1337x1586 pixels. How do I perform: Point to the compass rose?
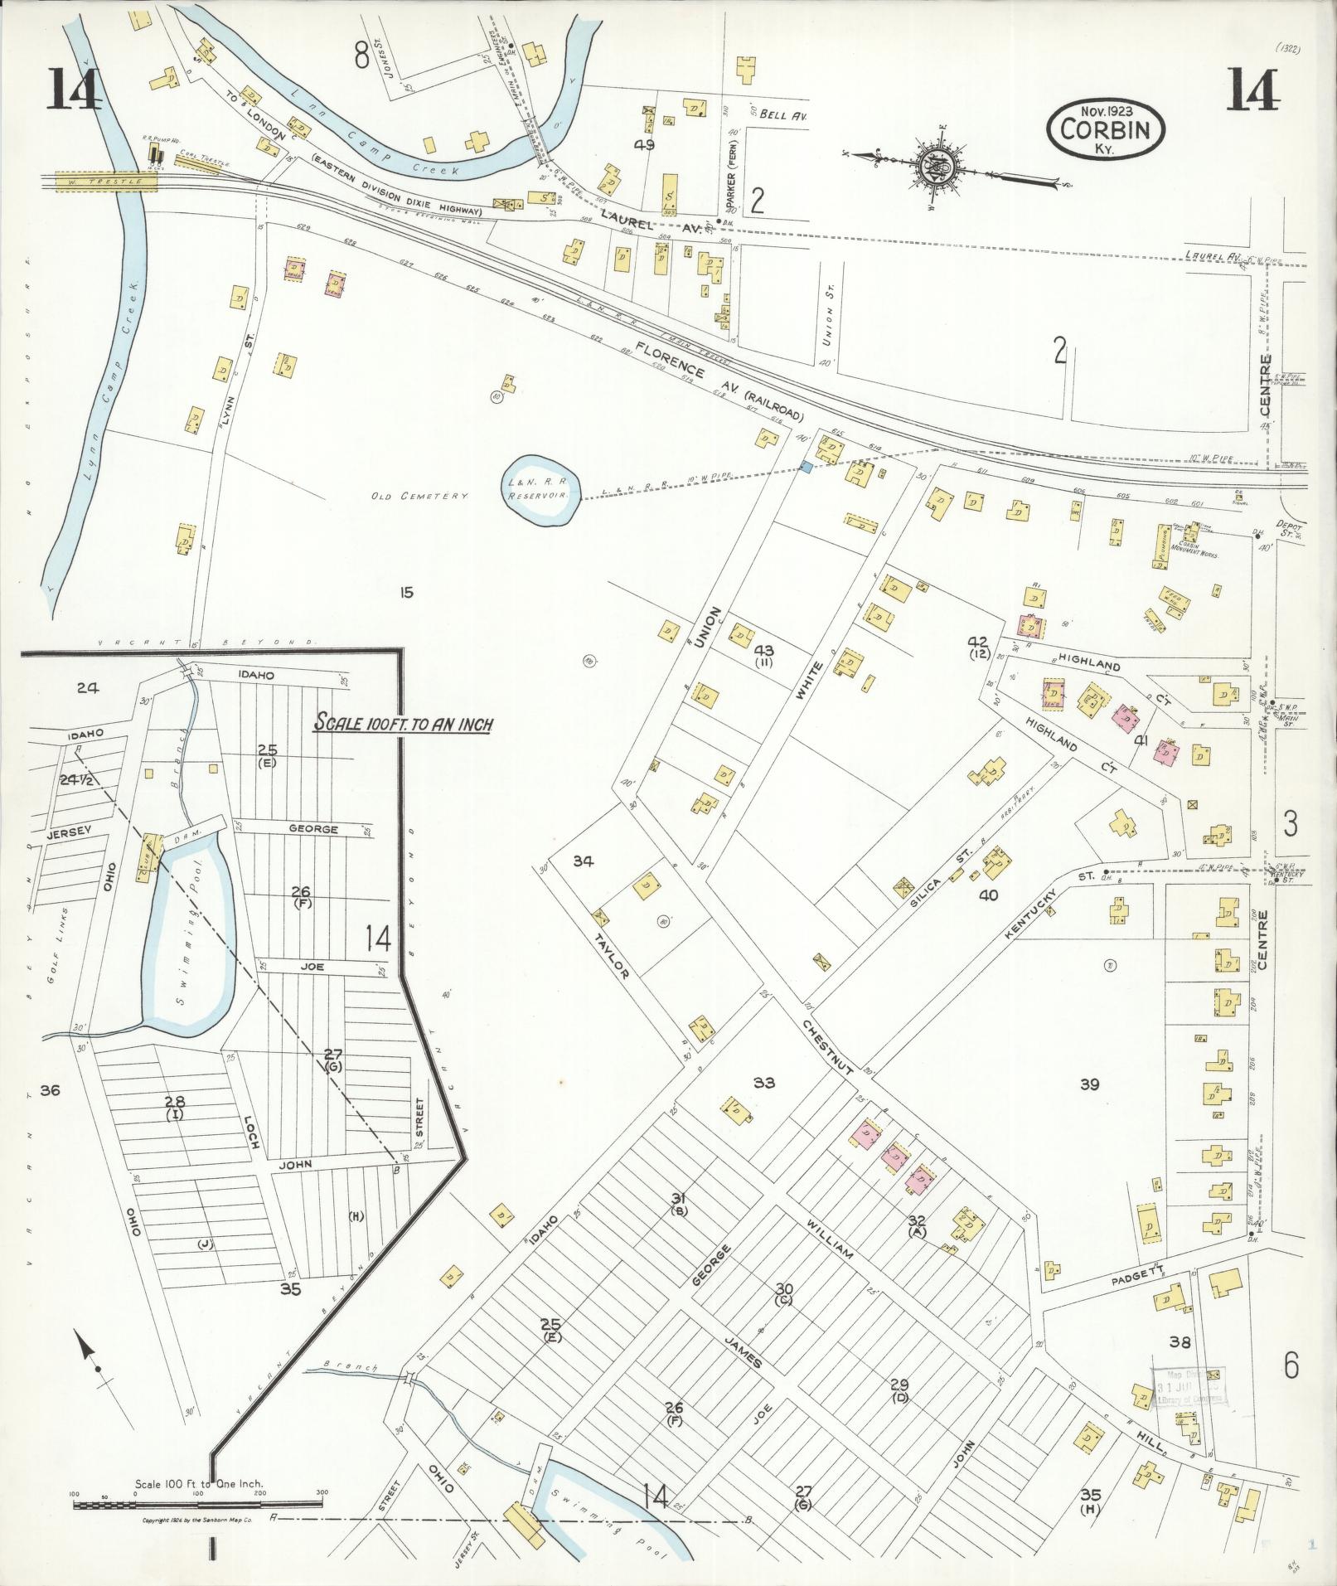pos(942,168)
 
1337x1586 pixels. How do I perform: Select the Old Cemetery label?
pos(420,495)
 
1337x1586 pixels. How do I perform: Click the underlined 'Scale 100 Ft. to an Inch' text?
pos(402,725)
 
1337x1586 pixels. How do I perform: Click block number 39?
pos(1089,1084)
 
